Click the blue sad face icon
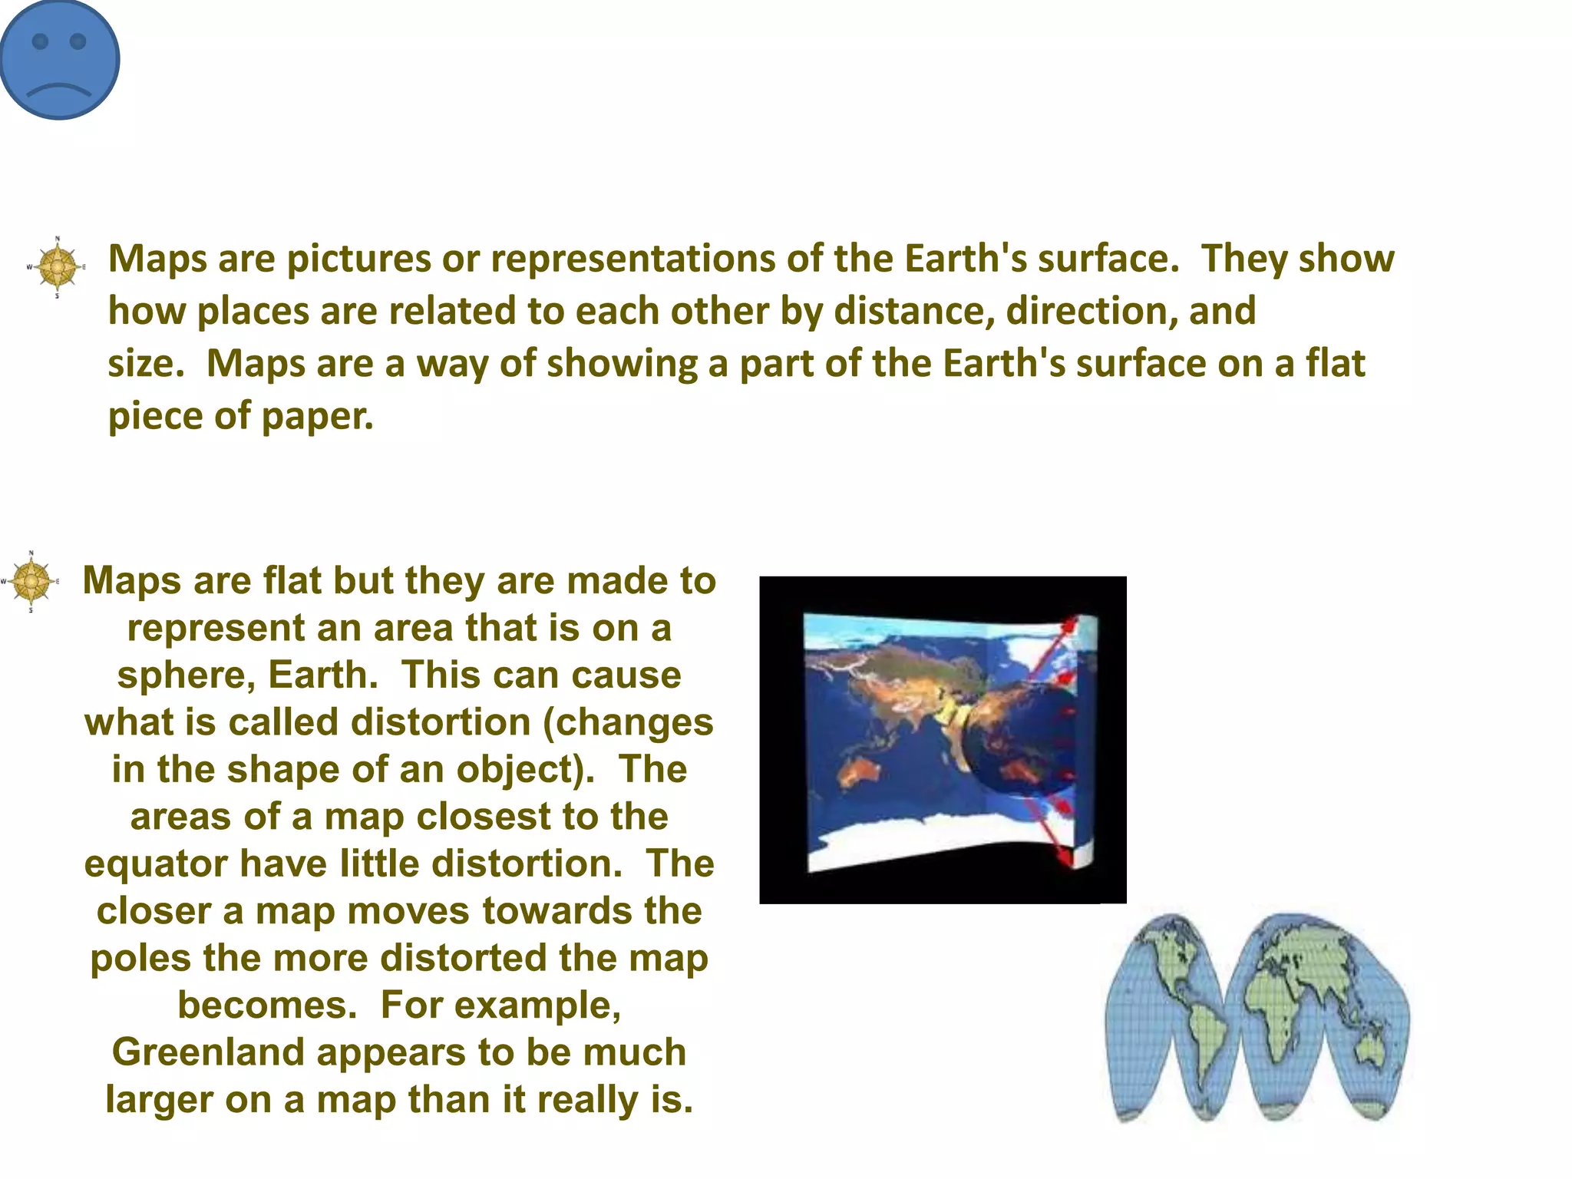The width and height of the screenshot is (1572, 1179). point(60,60)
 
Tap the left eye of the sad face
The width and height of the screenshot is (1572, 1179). point(40,41)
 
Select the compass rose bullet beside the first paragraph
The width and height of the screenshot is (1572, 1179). point(57,266)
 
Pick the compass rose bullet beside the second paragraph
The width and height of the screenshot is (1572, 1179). point(31,581)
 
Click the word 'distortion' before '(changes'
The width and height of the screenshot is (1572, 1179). point(441,722)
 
